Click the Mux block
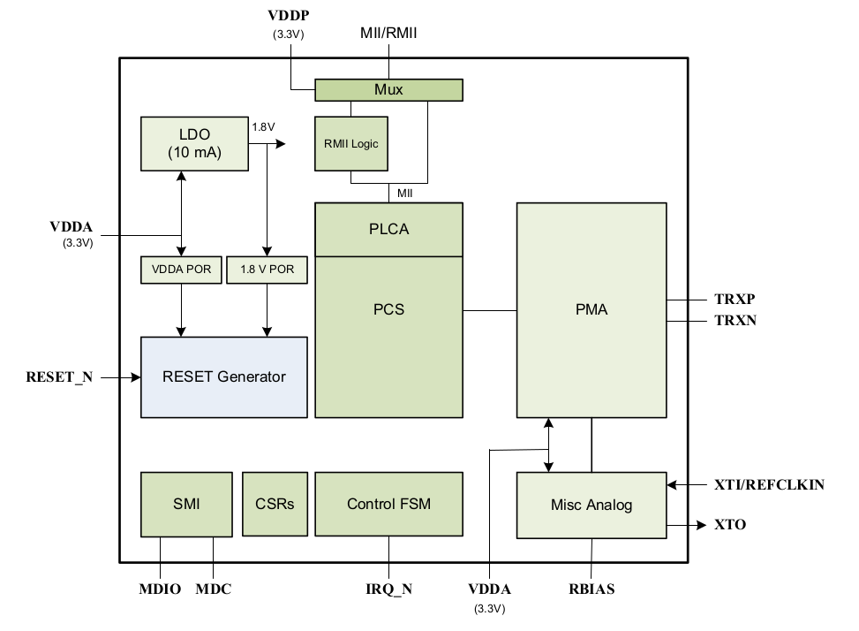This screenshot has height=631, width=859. (x=388, y=90)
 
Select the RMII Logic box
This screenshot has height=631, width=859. (x=351, y=144)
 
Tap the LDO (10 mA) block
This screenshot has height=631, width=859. (x=194, y=144)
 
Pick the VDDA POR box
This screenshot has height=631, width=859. (x=181, y=270)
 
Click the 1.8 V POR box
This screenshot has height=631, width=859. (x=267, y=270)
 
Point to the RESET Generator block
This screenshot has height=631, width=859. (x=224, y=377)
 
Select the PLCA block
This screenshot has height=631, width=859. (x=388, y=229)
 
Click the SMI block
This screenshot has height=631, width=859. (x=186, y=504)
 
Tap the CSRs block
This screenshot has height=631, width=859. (x=275, y=504)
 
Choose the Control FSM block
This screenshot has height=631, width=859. (x=388, y=504)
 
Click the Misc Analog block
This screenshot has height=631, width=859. (x=592, y=505)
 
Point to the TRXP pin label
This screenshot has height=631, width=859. (x=735, y=300)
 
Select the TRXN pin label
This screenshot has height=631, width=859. (x=735, y=320)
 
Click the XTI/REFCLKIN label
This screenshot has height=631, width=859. (x=769, y=484)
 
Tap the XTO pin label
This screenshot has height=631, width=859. (x=730, y=525)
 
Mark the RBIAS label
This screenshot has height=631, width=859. (x=592, y=589)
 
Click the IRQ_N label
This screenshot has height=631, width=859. (x=389, y=589)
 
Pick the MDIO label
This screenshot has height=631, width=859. (x=160, y=589)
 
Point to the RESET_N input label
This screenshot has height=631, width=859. (x=59, y=377)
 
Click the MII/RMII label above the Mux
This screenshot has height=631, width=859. (x=388, y=33)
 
